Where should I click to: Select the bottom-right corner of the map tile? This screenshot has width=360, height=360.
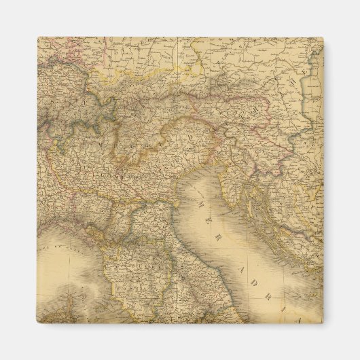(x=323, y=323)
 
